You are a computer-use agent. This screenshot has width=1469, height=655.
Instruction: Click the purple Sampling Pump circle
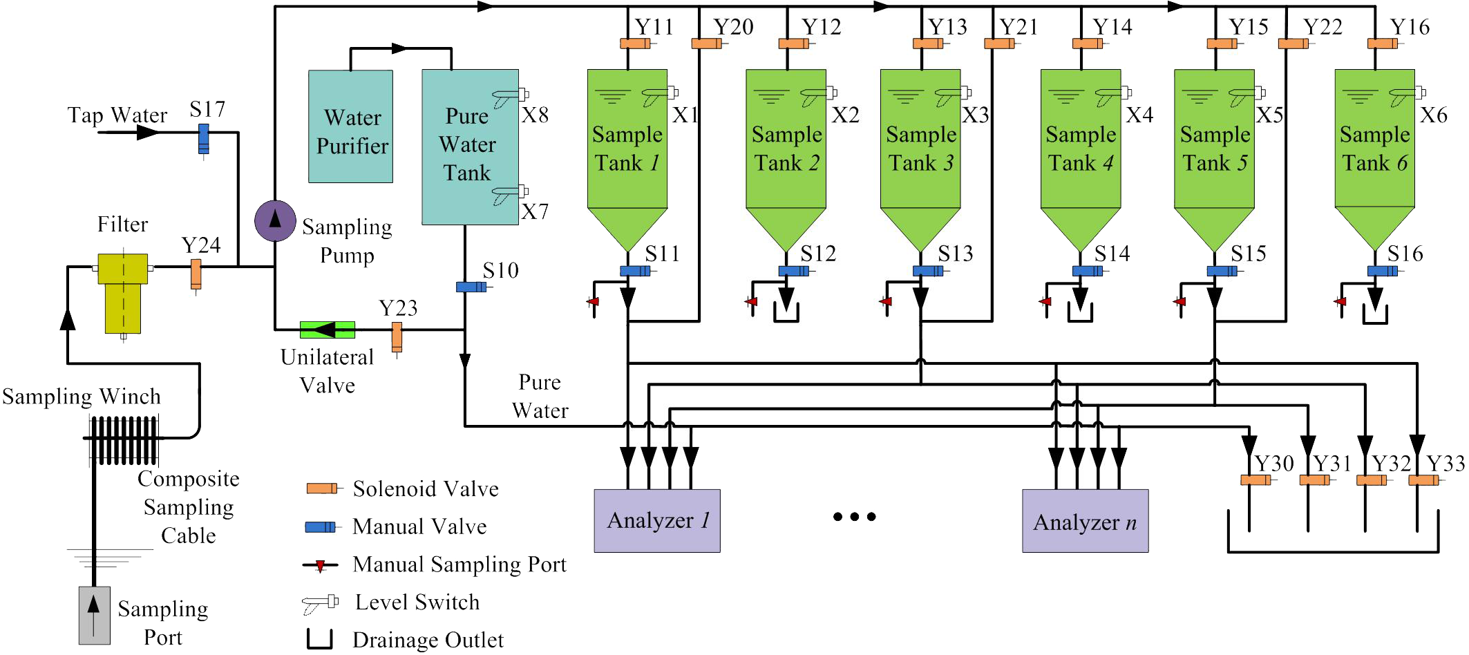pos(275,220)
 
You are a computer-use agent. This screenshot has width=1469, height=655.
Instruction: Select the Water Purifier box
pos(350,126)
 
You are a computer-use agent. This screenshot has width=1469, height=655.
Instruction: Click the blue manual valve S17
pos(204,138)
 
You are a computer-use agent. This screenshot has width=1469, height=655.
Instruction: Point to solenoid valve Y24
pos(196,274)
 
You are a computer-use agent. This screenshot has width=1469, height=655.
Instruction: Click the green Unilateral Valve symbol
pos(327,330)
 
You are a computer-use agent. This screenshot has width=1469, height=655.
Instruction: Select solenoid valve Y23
pos(397,336)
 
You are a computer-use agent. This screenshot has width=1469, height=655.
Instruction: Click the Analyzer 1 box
pos(656,520)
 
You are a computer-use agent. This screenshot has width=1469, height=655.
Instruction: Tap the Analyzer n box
pos(1085,520)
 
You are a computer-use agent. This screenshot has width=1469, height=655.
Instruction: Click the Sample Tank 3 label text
pos(920,149)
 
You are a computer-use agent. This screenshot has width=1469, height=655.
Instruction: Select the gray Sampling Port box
pos(94,615)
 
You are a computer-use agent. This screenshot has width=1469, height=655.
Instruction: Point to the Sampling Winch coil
pos(123,439)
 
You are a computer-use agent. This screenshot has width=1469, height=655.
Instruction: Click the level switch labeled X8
pos(510,95)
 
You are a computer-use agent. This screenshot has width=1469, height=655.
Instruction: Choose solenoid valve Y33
pos(1423,480)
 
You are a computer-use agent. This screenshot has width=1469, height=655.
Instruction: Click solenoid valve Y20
pos(707,44)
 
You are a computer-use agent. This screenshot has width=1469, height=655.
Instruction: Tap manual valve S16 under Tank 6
pos(1382,272)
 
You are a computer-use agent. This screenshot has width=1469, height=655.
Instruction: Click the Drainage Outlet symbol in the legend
pos(320,639)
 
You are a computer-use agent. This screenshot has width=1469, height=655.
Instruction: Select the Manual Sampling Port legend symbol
pos(320,566)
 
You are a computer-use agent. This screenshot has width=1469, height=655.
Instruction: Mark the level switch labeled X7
pos(510,193)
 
